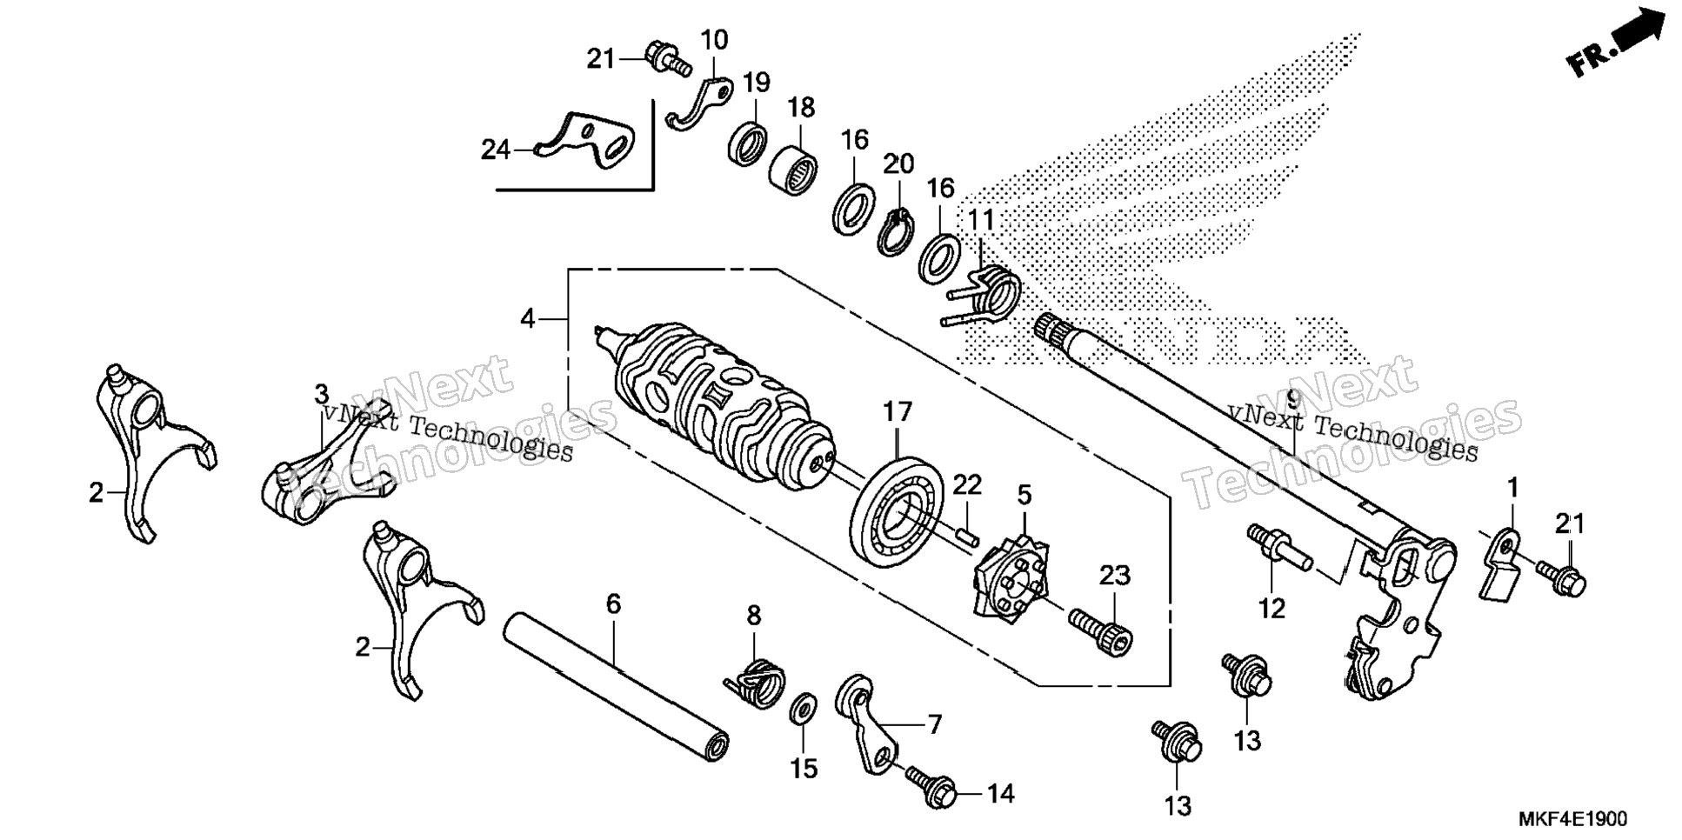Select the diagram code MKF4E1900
(1572, 820)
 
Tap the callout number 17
(898, 411)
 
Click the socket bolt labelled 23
(1102, 633)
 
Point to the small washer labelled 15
(802, 708)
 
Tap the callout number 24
(496, 150)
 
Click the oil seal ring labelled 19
(748, 143)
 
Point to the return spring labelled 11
(985, 297)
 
